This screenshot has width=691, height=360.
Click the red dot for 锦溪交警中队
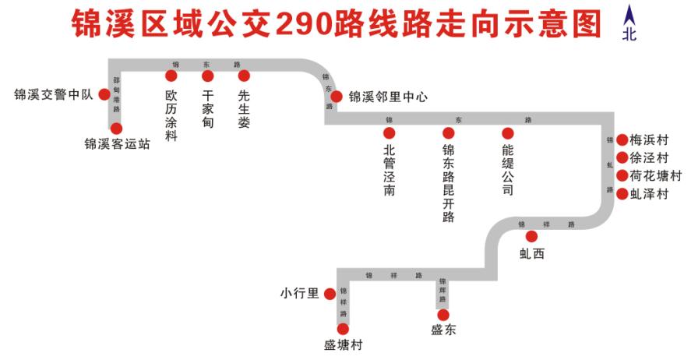click(104, 95)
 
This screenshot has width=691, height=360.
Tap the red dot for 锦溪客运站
click(117, 129)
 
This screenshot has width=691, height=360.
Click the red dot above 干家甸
click(207, 76)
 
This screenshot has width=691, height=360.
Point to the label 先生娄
click(244, 108)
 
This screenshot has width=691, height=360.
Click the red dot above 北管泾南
click(390, 133)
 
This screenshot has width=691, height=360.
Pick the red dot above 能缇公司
click(508, 133)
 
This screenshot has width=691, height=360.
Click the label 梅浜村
click(650, 140)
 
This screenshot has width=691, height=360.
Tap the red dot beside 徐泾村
click(622, 158)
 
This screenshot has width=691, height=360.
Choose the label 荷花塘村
click(655, 176)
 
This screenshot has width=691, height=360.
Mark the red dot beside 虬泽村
click(622, 194)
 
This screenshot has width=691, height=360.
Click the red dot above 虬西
click(532, 236)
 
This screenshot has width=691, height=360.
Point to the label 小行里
click(300, 294)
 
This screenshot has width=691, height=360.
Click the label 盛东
click(443, 330)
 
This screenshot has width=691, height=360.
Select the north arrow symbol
click(629, 15)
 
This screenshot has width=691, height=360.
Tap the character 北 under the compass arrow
click(629, 34)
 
